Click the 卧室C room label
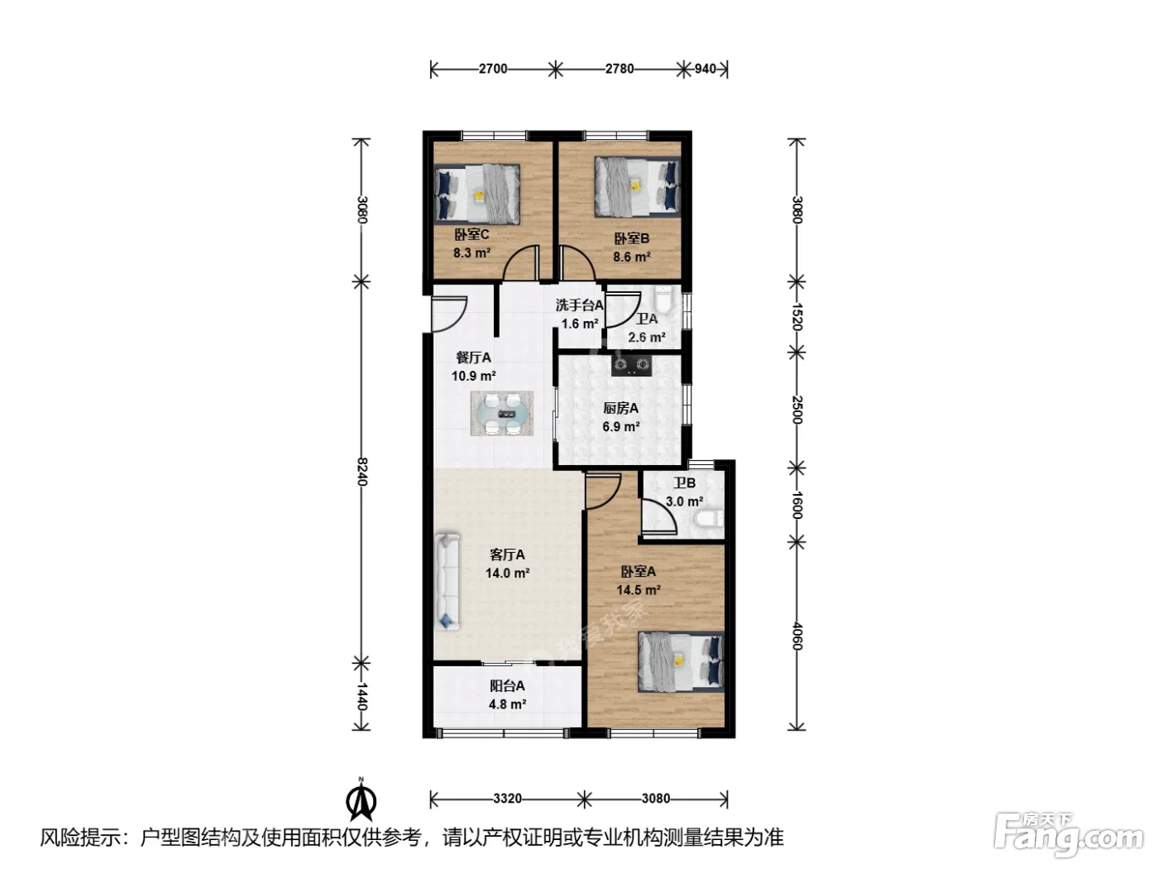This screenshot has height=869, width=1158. (x=471, y=234)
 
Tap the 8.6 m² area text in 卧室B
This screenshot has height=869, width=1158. (x=631, y=257)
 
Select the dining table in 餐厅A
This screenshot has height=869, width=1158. (x=502, y=413)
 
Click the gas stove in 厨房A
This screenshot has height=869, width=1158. (x=631, y=365)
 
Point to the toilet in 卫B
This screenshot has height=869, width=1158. (x=709, y=519)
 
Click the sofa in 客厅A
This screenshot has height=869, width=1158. (x=447, y=582)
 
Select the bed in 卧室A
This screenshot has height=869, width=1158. (x=680, y=661)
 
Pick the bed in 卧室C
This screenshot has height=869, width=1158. (x=477, y=193)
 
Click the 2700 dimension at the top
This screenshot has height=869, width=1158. (x=493, y=70)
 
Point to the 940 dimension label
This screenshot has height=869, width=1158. (x=705, y=70)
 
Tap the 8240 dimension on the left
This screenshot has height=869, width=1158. (x=361, y=473)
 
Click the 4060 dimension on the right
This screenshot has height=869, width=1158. (x=797, y=636)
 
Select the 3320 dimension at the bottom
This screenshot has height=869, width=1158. (x=507, y=799)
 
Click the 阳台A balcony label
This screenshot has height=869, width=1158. (x=507, y=686)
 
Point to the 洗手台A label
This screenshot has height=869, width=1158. (x=579, y=305)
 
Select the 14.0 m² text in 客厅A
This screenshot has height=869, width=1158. (x=507, y=573)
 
